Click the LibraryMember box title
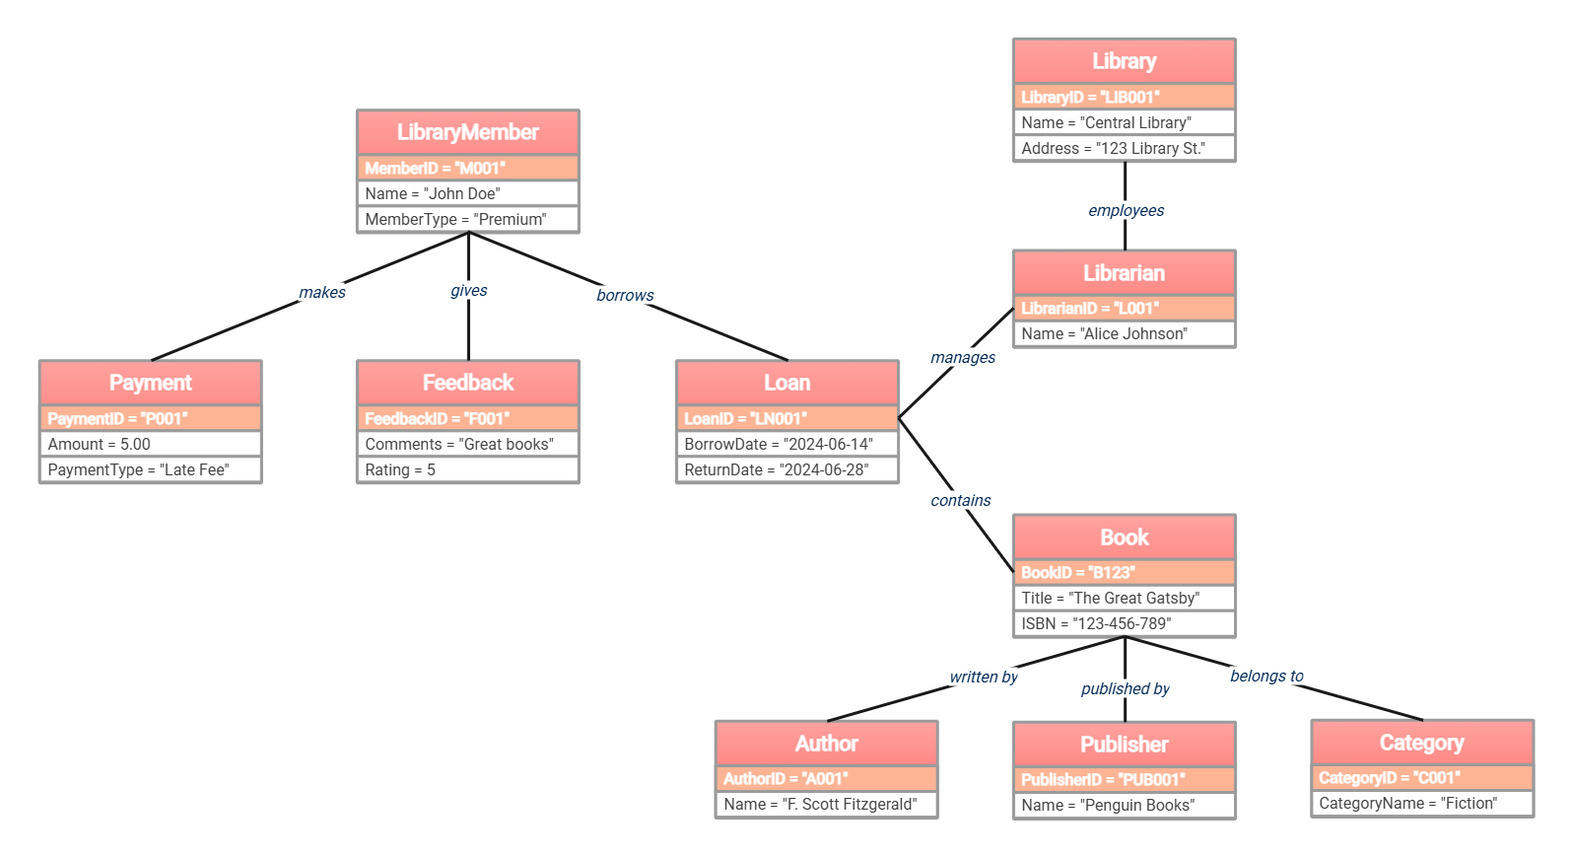tap(467, 132)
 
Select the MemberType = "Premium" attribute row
tap(467, 219)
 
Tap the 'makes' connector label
tap(322, 292)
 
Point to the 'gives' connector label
tap(468, 290)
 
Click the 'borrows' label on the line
tap(625, 295)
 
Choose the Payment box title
tap(150, 383)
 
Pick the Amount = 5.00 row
tap(150, 444)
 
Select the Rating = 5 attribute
tap(467, 469)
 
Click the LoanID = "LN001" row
tap(786, 418)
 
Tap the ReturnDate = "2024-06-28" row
tap(786, 469)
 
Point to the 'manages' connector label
tap(962, 357)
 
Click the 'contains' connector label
tap(960, 500)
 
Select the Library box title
tap(1124, 61)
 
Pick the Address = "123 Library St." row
tap(1124, 148)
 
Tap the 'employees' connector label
tap(1126, 210)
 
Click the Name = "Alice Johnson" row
tap(1124, 333)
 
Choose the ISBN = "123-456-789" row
tap(1124, 623)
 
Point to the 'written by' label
tap(983, 677)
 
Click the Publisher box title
tap(1124, 745)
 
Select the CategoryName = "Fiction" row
tap(1421, 803)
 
